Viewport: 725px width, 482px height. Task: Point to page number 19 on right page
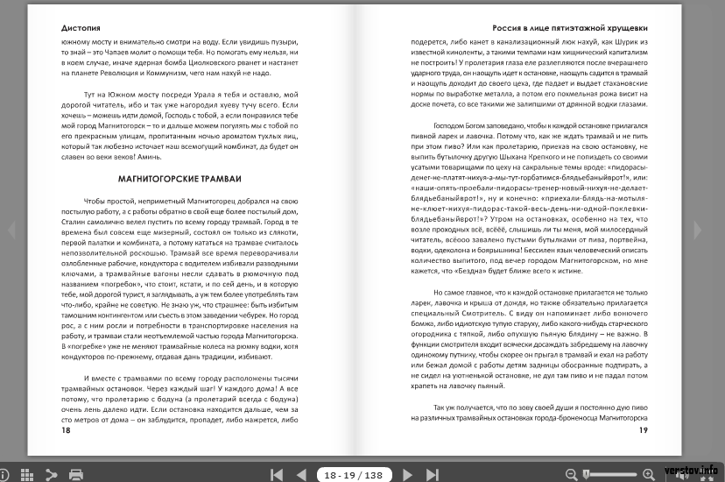[643, 430]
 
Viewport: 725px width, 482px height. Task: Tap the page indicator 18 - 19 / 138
[353, 474]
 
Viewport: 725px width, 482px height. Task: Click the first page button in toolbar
[277, 474]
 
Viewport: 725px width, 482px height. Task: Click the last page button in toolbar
[432, 474]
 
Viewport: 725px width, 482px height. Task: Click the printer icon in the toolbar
[76, 474]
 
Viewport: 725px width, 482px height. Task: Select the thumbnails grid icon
[26, 474]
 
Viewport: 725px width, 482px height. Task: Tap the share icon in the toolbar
[51, 474]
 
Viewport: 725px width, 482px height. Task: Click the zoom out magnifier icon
[571, 474]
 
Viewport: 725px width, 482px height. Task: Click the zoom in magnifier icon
[648, 474]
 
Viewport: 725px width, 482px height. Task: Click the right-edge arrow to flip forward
[698, 230]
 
